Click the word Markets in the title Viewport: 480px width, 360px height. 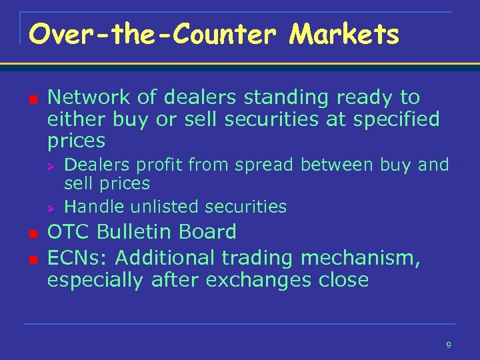pyautogui.click(x=344, y=34)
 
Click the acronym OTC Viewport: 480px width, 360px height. pyautogui.click(x=69, y=232)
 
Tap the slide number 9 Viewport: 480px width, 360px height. pyautogui.click(x=448, y=345)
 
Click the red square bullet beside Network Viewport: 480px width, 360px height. pyautogui.click(x=31, y=99)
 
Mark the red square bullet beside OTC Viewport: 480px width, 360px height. pyautogui.click(x=31, y=233)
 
